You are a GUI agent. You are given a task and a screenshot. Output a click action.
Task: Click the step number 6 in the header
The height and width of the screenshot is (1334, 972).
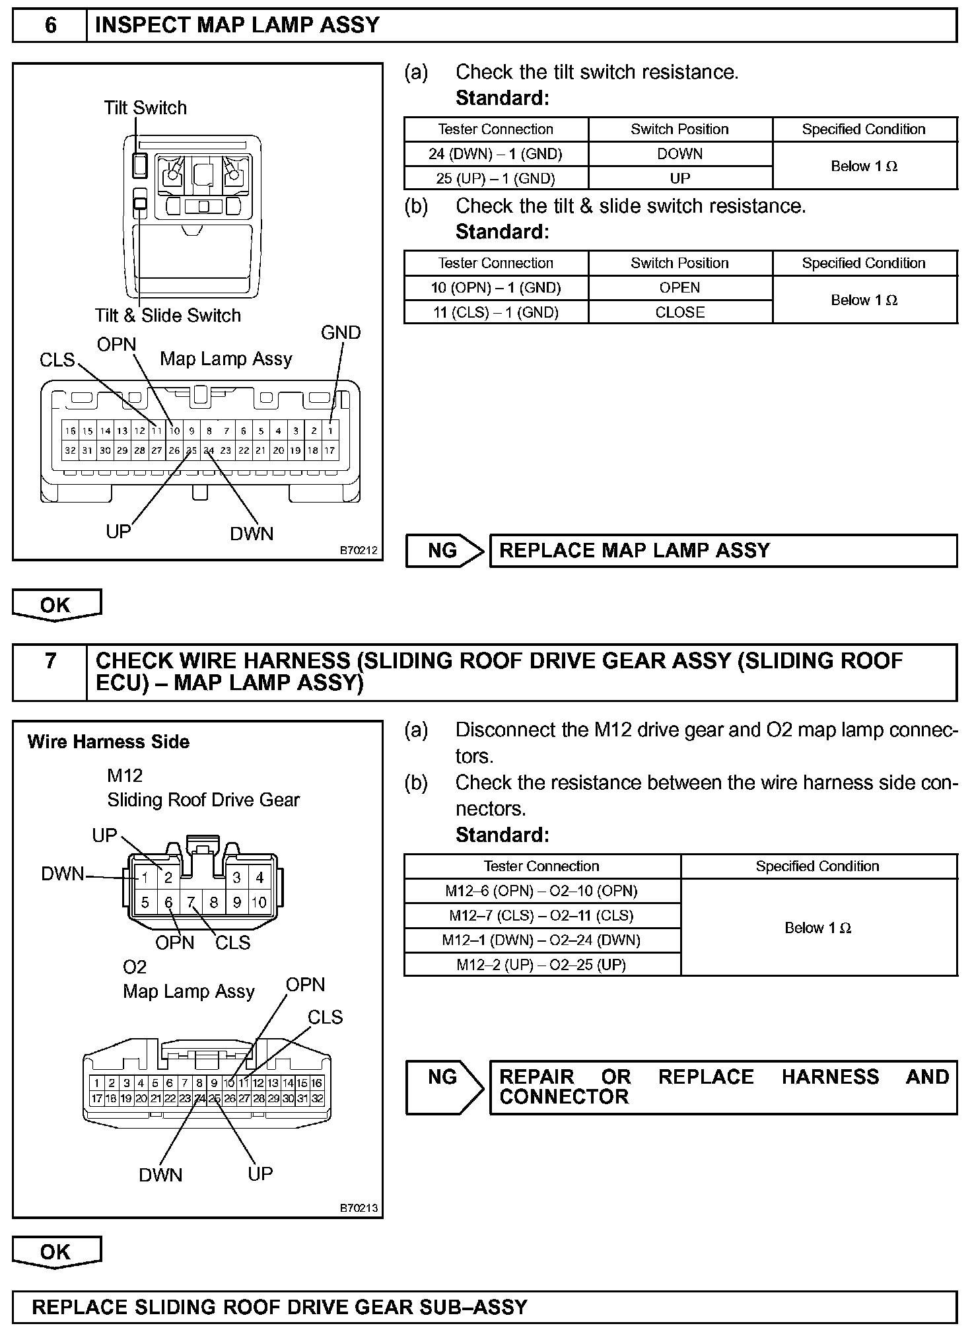tap(50, 26)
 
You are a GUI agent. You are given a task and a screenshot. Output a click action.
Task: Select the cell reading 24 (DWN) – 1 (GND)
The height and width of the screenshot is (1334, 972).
tap(495, 154)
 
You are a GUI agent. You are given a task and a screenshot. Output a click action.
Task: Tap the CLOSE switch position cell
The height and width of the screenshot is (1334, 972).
tap(679, 312)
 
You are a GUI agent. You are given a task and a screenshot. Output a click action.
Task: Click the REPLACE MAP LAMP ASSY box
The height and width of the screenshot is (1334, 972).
tap(723, 551)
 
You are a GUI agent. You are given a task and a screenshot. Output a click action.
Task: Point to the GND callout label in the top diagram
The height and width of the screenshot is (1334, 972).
tap(341, 333)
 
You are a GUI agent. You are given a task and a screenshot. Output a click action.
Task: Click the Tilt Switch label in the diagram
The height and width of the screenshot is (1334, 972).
tap(145, 108)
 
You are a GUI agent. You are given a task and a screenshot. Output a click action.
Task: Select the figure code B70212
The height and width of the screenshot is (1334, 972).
tap(359, 549)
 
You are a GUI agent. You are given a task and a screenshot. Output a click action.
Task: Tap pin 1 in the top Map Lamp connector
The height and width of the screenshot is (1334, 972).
tap(330, 431)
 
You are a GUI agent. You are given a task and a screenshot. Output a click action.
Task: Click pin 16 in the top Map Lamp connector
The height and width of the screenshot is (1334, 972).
tap(70, 431)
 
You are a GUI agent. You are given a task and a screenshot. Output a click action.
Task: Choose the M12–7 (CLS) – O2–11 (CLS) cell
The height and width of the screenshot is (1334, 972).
tap(541, 915)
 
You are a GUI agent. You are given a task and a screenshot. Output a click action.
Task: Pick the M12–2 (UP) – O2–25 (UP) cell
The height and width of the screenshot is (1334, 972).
tap(541, 965)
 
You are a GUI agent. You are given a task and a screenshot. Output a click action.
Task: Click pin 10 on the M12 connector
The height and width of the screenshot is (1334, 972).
tap(259, 902)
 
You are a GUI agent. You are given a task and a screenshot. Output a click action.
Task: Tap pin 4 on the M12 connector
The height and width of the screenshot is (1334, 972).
tap(260, 878)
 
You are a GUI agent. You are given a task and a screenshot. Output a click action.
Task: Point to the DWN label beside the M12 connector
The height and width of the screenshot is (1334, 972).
tap(63, 874)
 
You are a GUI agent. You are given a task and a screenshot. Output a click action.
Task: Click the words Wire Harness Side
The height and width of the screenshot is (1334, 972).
tap(108, 742)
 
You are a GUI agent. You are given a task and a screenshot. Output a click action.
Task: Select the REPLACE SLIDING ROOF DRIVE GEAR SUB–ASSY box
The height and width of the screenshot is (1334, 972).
tap(485, 1307)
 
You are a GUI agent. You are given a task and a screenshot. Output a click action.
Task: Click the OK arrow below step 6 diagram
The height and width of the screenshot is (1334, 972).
tap(56, 606)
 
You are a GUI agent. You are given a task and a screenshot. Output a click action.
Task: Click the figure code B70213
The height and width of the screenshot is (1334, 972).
tap(359, 1208)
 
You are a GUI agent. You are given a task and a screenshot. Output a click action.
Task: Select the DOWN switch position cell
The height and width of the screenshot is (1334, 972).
tap(679, 154)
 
